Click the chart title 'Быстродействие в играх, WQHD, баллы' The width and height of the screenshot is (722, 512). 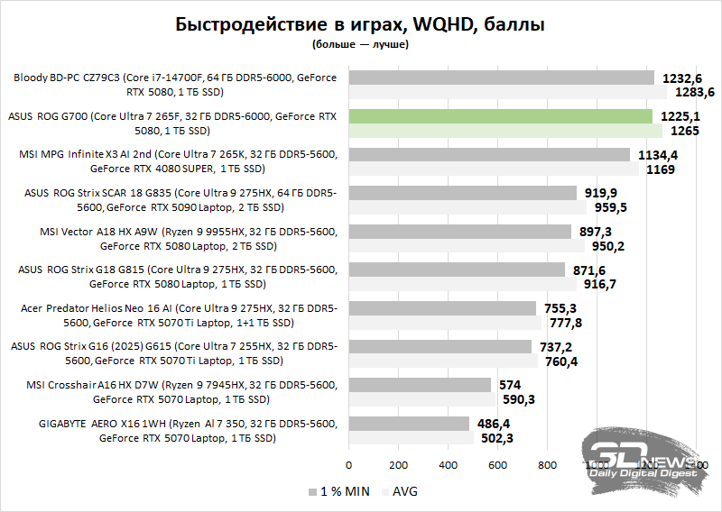click(360, 23)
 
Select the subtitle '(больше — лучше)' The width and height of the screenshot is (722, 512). click(360, 42)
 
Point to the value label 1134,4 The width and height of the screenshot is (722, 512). click(658, 155)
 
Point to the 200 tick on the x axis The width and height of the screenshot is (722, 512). click(398, 465)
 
